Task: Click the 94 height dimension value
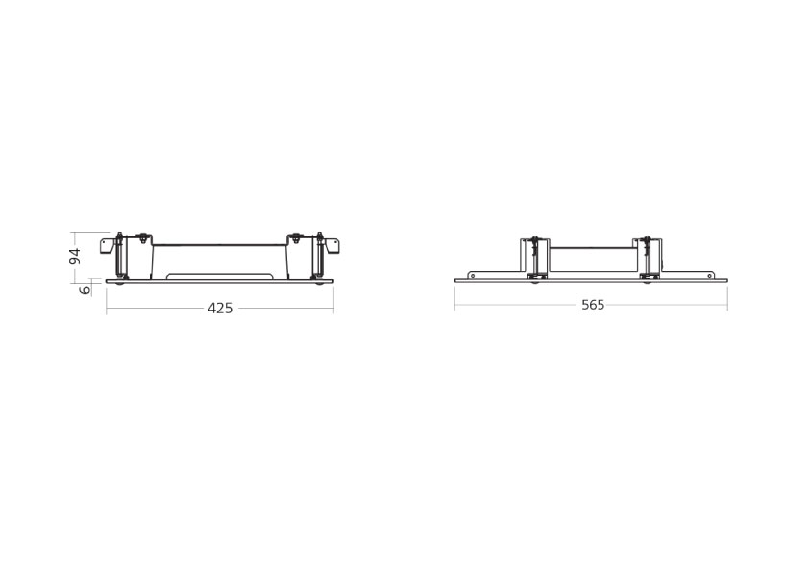coord(75,257)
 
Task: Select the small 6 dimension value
coord(86,289)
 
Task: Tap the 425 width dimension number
coord(220,309)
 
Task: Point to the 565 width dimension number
coord(593,305)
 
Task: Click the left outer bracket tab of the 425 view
coord(107,246)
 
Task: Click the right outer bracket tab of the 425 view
coord(331,246)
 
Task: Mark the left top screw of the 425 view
coord(142,238)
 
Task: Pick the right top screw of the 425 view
coord(296,238)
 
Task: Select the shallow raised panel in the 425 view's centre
coord(219,276)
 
